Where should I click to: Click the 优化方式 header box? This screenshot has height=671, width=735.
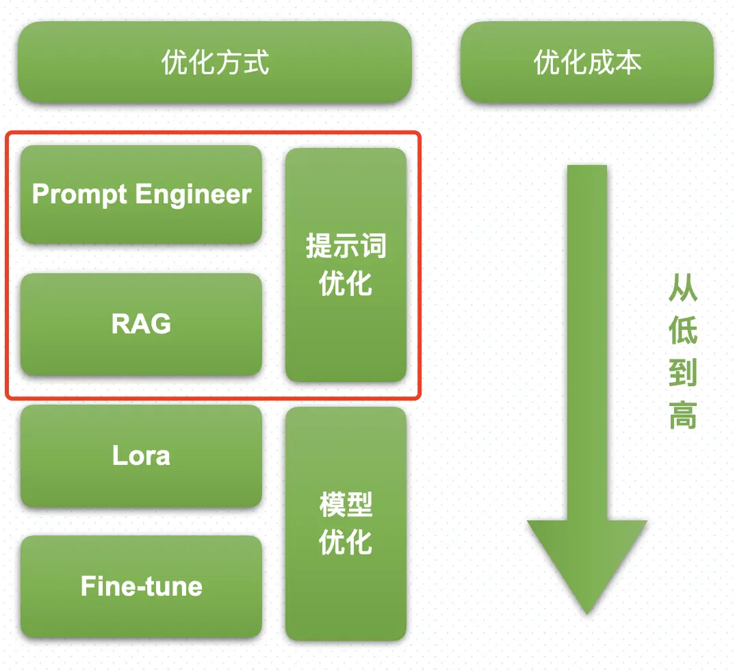coord(215,62)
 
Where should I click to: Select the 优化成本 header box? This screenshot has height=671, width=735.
coord(587,62)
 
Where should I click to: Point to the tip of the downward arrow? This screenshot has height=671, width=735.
coord(587,611)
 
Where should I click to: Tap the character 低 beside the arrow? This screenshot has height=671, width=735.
coord(683,331)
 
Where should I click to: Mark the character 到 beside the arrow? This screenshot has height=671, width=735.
coord(683,374)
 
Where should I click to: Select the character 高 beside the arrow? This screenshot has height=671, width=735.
coord(683,416)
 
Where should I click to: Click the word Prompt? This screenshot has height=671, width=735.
coord(80,195)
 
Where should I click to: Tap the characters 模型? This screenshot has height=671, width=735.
coord(346,505)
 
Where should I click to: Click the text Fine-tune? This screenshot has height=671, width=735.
coord(141,586)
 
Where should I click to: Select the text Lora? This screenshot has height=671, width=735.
coord(141,456)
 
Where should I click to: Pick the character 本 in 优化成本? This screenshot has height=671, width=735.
coord(628,62)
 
